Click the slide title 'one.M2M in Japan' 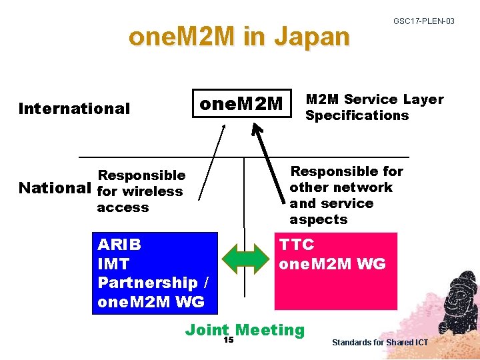(x=239, y=37)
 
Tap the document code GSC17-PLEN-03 (x=423, y=21)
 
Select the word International (x=74, y=109)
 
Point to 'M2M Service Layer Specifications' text (x=374, y=107)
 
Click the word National (x=55, y=188)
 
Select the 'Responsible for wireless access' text (x=141, y=191)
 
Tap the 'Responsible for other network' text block (x=346, y=195)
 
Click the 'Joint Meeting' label (x=245, y=329)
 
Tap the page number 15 (x=228, y=340)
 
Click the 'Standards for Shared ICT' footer (x=380, y=343)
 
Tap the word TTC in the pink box (x=297, y=244)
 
